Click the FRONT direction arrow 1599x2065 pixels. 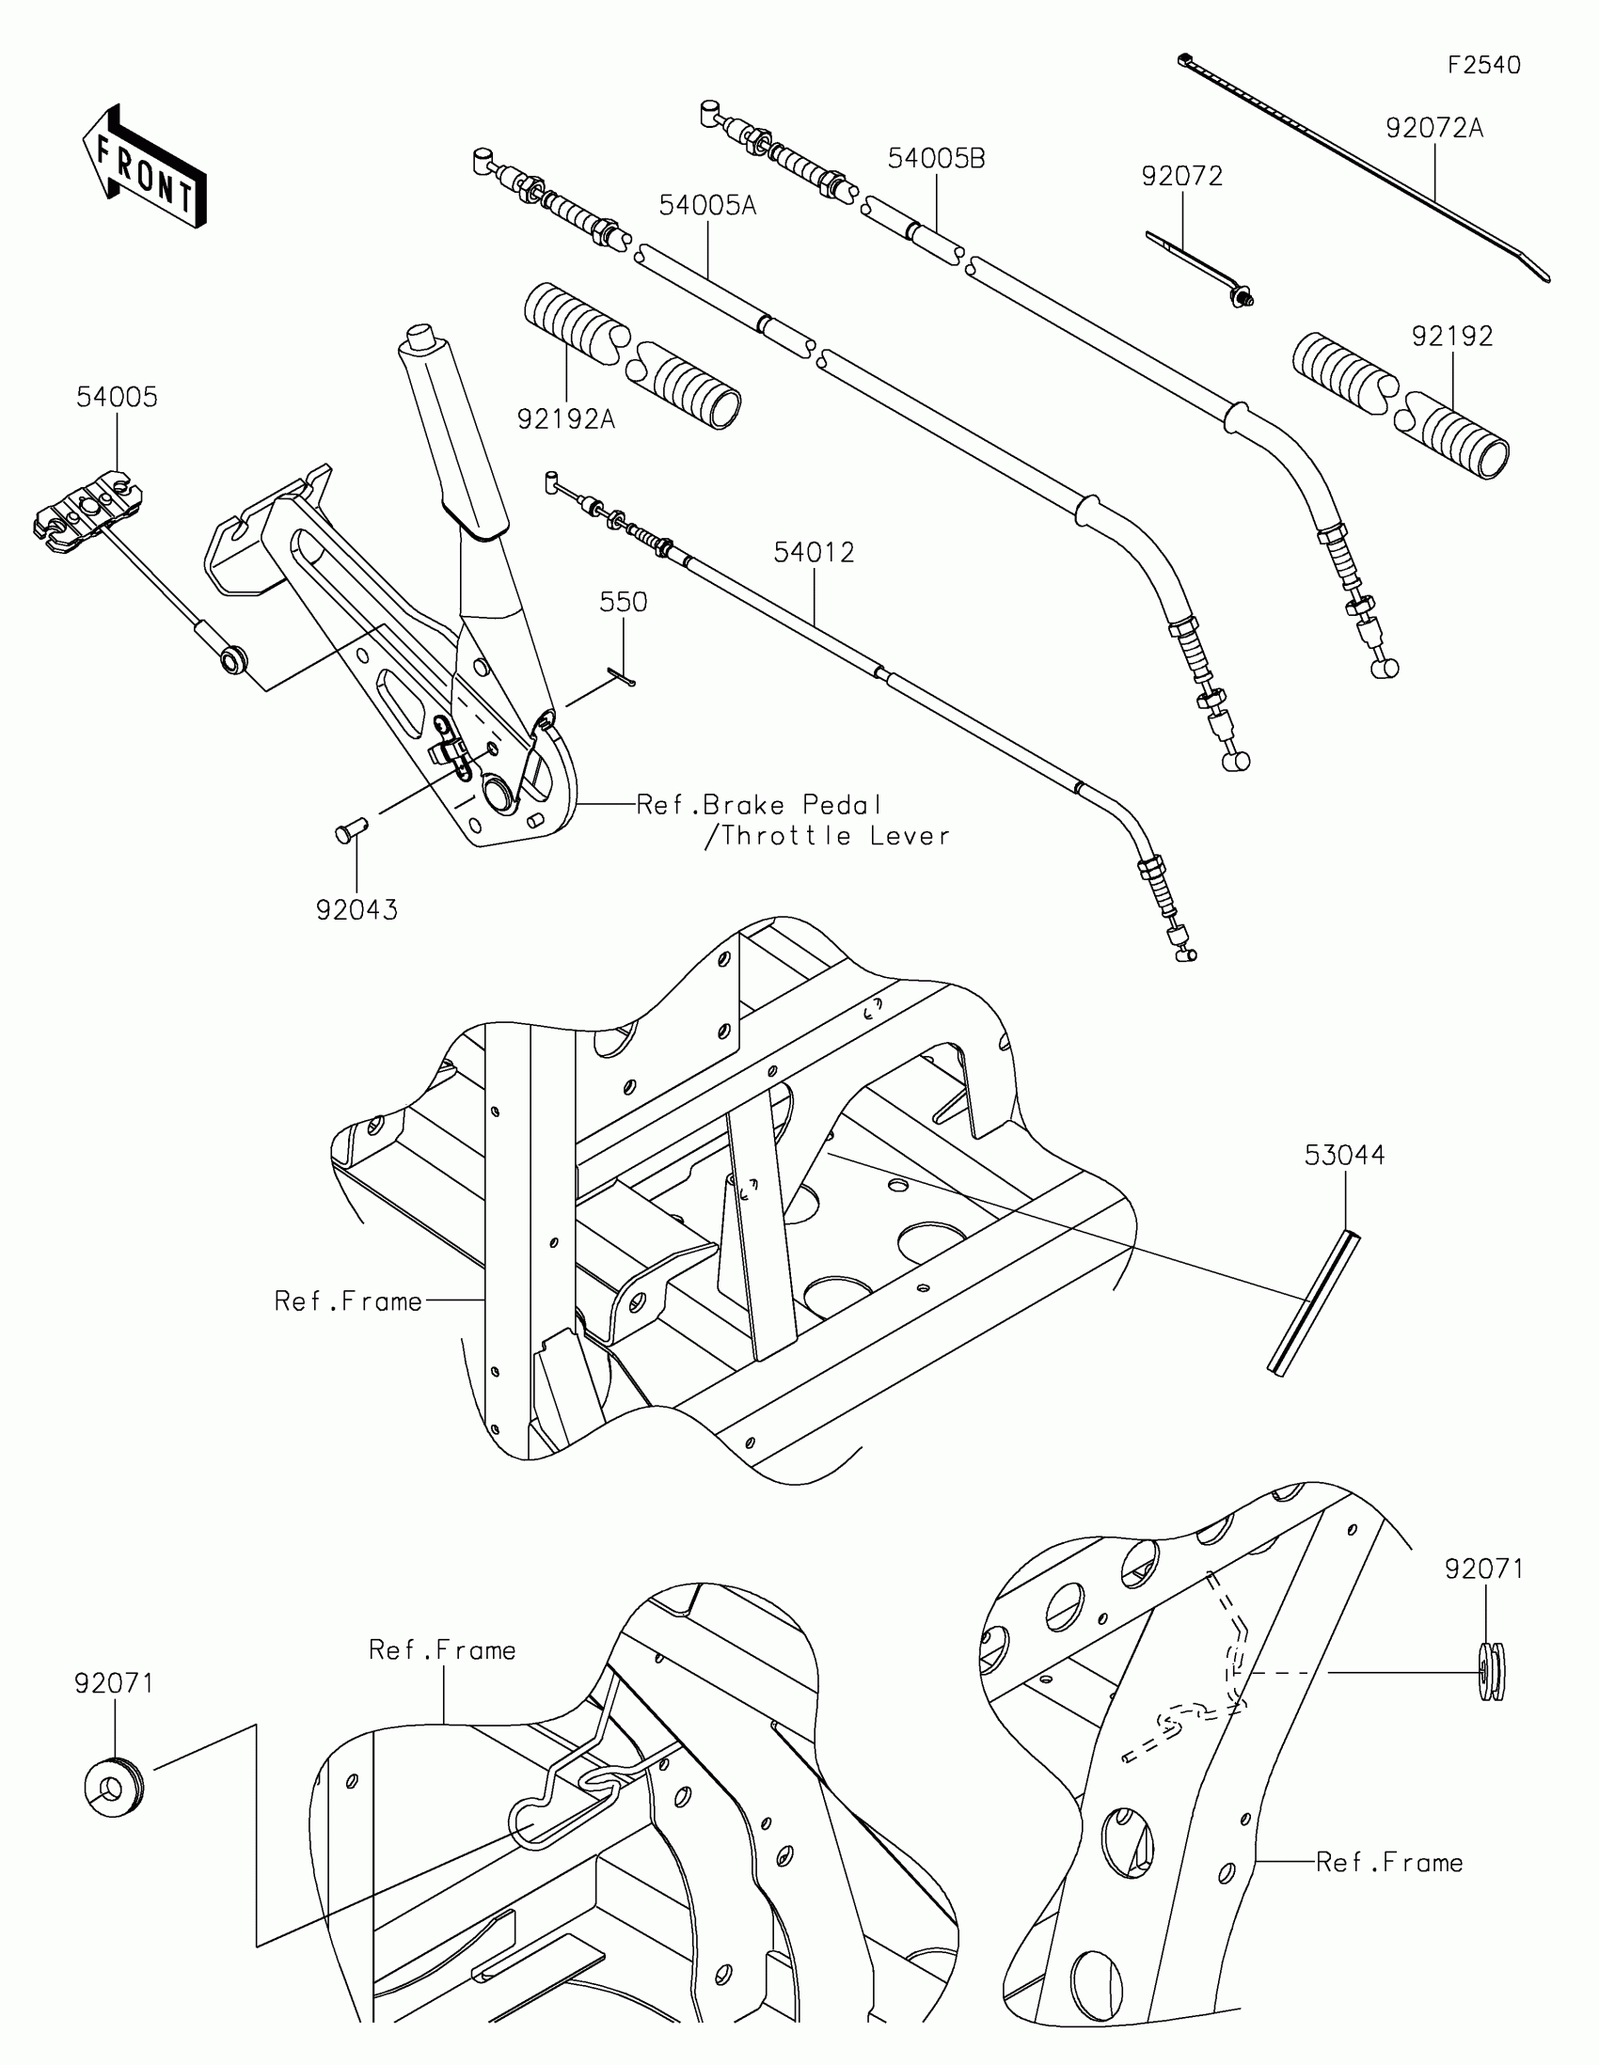click(145, 167)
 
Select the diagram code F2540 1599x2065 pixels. click(1483, 65)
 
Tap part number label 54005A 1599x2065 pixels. click(707, 205)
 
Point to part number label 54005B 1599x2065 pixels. click(936, 159)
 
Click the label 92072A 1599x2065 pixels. click(1434, 129)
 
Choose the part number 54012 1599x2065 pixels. click(814, 552)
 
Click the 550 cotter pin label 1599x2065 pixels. click(624, 602)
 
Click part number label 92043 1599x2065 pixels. click(356, 910)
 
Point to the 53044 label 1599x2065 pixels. click(1344, 1156)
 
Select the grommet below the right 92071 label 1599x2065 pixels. click(1491, 1672)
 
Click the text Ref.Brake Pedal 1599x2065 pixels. click(758, 806)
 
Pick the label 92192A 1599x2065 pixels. click(565, 418)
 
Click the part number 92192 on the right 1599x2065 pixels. click(1452, 337)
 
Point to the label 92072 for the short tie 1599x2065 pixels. click(1182, 177)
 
